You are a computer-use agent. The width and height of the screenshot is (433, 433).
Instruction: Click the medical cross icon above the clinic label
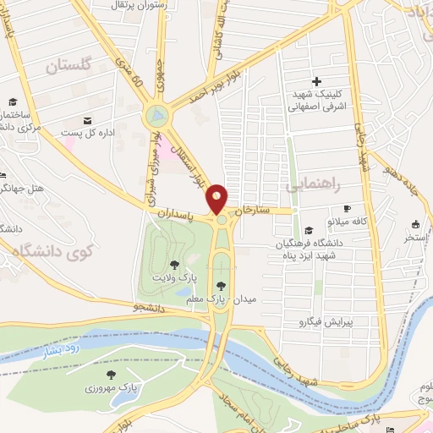[x=317, y=82]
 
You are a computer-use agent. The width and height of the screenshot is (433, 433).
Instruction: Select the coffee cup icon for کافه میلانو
[x=347, y=208]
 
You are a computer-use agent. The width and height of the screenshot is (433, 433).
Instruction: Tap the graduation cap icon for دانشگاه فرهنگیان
[x=309, y=230]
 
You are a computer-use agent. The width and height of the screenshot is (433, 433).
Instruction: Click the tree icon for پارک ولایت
[x=174, y=265]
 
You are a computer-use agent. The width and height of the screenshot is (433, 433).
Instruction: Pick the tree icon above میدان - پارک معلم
[x=222, y=285]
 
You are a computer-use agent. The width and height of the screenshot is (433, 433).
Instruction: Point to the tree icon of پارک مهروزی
[x=110, y=373]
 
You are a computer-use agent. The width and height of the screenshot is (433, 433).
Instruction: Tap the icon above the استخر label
[x=415, y=225]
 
